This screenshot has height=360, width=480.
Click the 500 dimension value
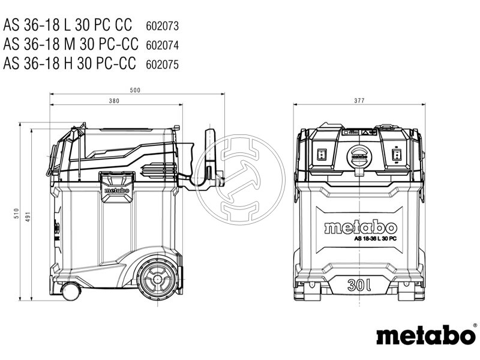click(135, 91)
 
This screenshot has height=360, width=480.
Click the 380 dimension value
click(114, 101)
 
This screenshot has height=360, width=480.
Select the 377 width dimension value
click(359, 101)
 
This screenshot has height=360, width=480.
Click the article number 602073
click(162, 26)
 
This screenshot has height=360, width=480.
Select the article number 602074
click(162, 44)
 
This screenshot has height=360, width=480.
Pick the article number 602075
click(162, 63)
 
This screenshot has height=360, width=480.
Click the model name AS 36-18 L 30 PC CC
click(67, 26)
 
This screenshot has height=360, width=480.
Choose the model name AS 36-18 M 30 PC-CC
click(71, 44)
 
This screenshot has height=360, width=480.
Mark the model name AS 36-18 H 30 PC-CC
click(70, 63)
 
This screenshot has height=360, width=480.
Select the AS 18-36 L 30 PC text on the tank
click(374, 238)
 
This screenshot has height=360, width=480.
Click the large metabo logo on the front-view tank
click(360, 227)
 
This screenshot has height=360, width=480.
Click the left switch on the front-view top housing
click(321, 155)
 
